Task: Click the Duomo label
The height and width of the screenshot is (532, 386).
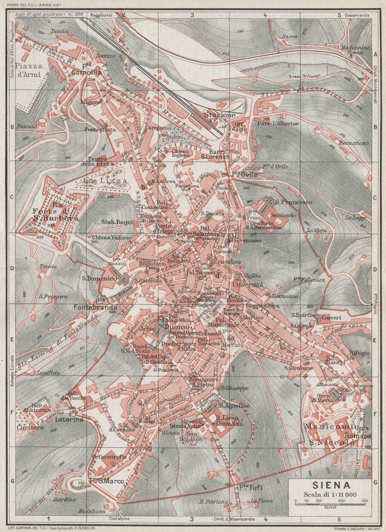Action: click(x=177, y=327)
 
